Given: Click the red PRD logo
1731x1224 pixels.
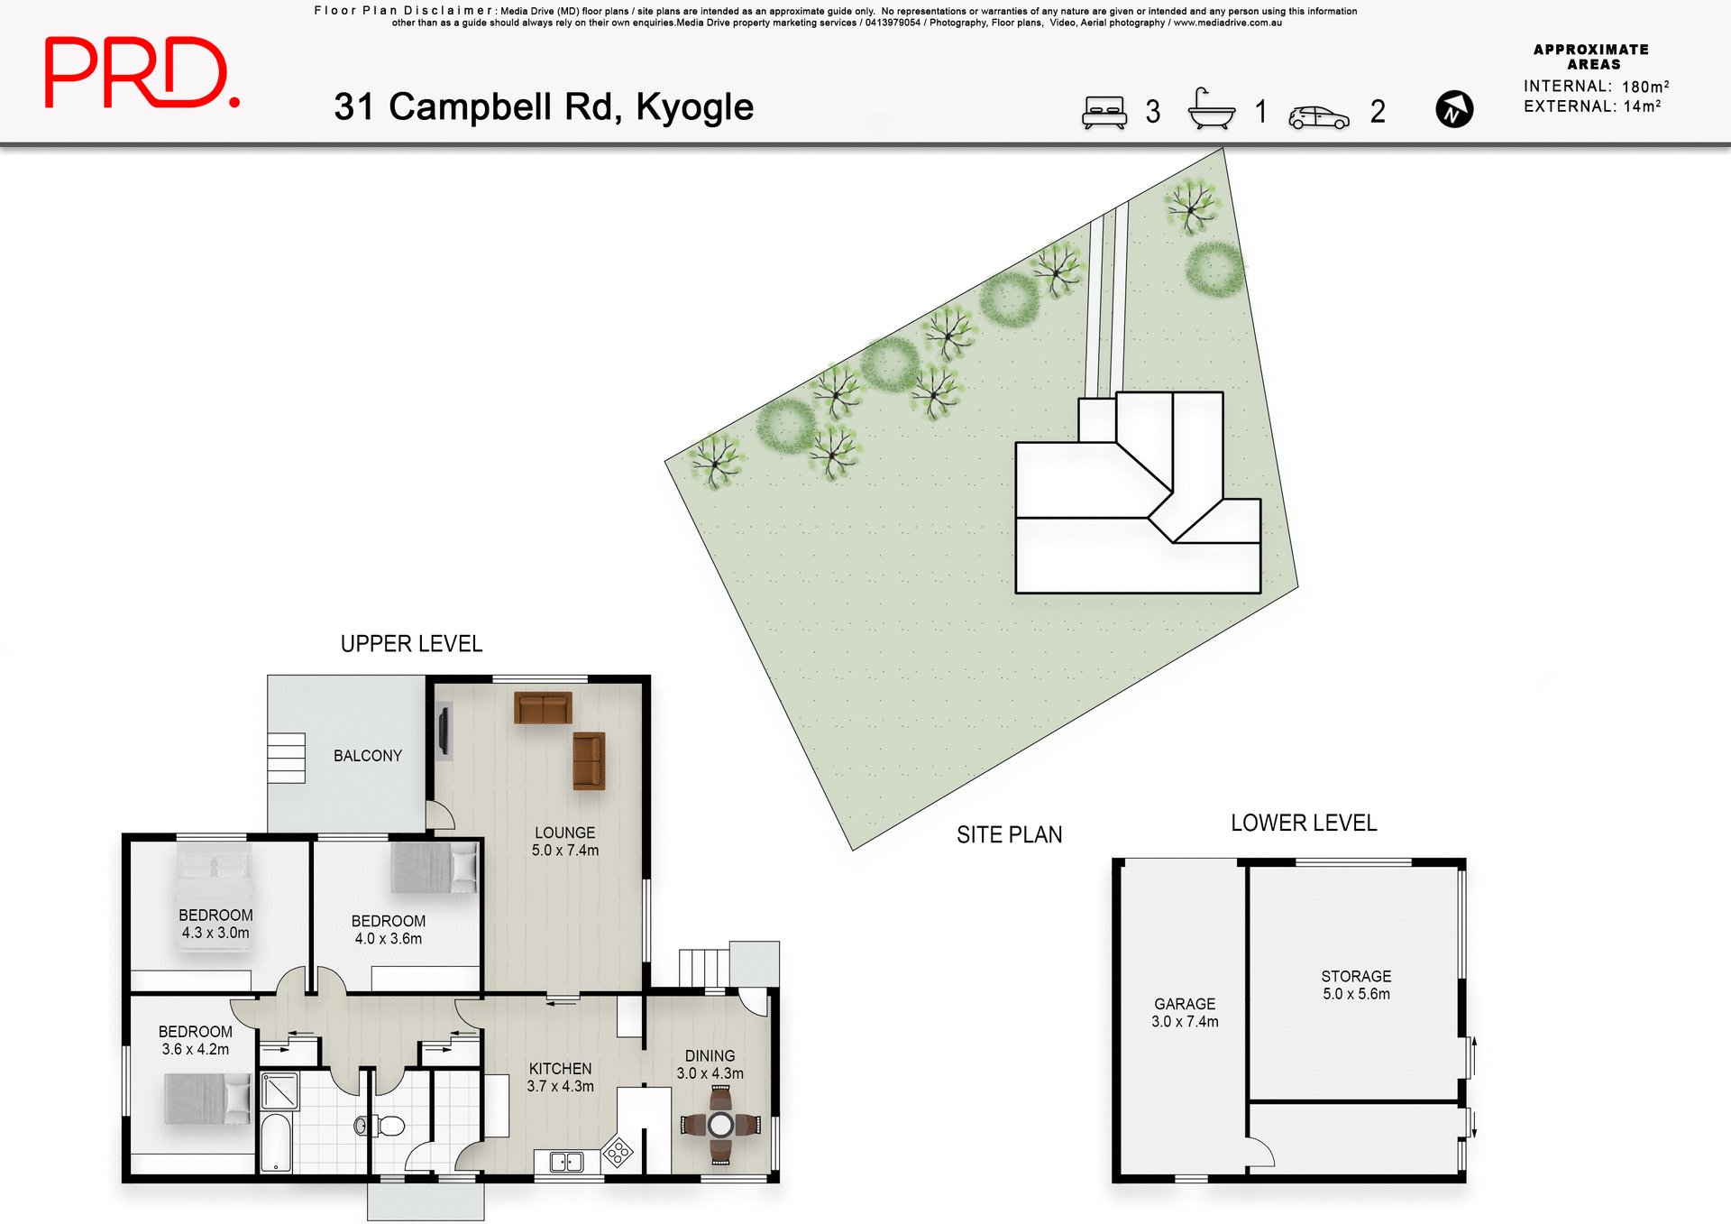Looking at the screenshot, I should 142,73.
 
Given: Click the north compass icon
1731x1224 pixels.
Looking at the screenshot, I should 1453,110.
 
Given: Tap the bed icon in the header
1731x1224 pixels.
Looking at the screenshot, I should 1104,112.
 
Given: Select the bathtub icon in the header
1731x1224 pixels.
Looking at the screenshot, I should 1211,110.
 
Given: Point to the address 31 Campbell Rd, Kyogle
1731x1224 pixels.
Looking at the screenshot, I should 543,107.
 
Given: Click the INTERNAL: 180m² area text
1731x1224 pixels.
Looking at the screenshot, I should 1595,87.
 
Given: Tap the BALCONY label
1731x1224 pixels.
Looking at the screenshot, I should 367,756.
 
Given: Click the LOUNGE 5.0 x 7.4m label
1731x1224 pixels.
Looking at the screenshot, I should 564,842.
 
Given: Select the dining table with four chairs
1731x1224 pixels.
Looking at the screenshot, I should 720,1124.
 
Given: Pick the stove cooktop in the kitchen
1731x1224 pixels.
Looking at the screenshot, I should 618,1152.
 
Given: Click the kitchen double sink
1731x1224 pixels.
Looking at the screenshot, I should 566,1162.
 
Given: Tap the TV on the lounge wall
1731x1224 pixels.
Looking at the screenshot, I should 444,731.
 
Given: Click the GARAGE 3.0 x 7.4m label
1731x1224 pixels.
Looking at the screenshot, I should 1184,1012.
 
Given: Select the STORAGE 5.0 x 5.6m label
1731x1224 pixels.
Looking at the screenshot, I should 1355,985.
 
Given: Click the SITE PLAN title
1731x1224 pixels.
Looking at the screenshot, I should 1009,835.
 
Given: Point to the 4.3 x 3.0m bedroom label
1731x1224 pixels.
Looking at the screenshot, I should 215,924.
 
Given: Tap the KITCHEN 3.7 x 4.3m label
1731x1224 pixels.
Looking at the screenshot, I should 560,1077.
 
